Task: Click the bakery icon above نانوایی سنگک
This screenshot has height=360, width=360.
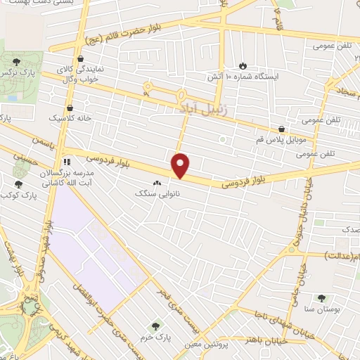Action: click(x=155, y=183)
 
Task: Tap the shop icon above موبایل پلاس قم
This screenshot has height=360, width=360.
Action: click(x=281, y=129)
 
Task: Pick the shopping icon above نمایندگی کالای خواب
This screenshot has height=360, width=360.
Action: click(x=82, y=58)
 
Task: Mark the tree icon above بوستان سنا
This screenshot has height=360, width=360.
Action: click(x=322, y=298)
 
